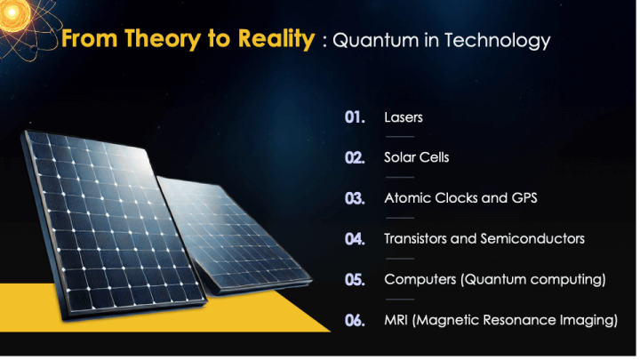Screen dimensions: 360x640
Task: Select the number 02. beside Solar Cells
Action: click(x=356, y=158)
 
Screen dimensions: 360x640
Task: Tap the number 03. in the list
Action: click(x=356, y=198)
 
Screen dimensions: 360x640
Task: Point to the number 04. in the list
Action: click(x=356, y=239)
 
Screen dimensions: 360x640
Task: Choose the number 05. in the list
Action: click(x=356, y=280)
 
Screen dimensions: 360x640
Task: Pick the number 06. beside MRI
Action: click(x=356, y=321)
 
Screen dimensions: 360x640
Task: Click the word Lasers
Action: click(x=403, y=117)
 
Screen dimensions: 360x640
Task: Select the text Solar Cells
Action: click(x=416, y=158)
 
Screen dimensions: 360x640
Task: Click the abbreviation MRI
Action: click(x=396, y=321)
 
